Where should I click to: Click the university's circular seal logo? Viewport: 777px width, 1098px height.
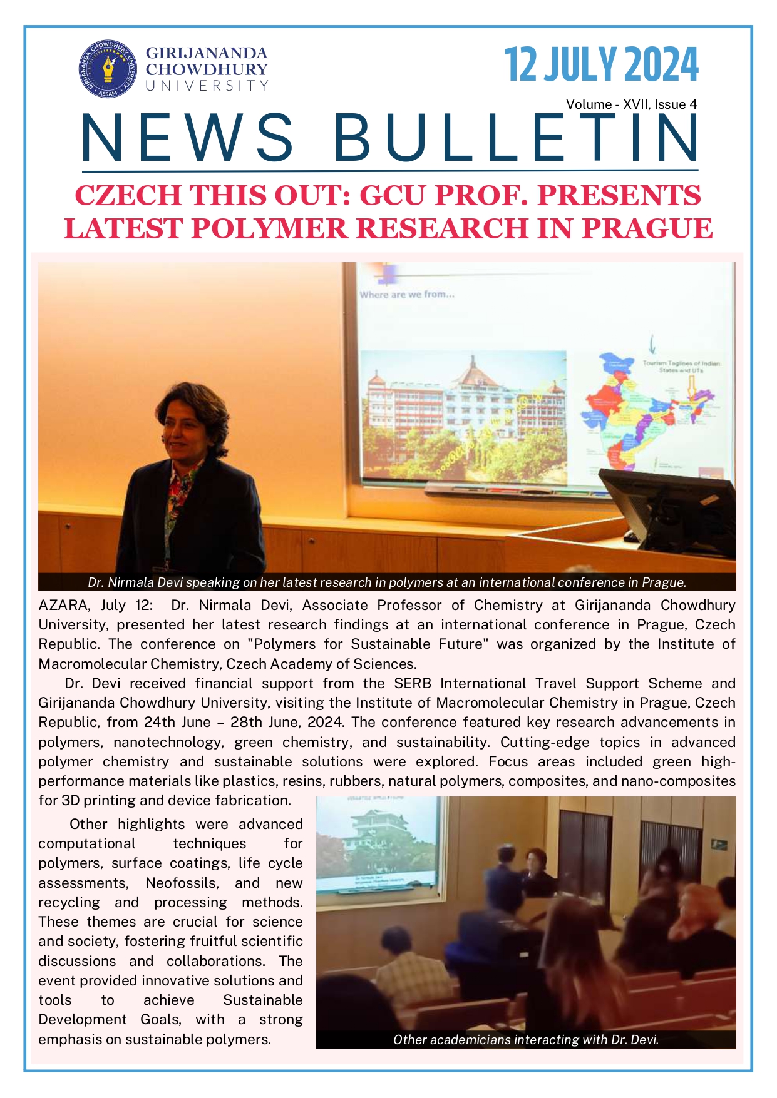pos(108,69)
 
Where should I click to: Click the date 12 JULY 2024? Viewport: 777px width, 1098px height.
pos(600,64)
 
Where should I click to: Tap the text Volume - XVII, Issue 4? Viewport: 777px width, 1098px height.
pos(631,104)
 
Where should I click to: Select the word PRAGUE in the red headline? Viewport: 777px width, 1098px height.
pos(647,228)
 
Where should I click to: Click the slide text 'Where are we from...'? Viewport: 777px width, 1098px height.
pos(407,294)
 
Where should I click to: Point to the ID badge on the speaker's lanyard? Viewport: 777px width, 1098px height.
pos(164,569)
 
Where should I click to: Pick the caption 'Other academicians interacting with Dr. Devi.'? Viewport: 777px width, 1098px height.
pos(525,1040)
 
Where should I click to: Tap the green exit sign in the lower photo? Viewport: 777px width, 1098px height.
pos(719,844)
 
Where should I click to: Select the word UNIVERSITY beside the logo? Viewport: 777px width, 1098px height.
pos(207,86)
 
